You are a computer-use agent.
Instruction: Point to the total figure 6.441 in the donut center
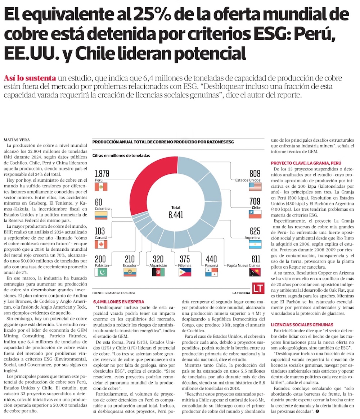click(176, 215)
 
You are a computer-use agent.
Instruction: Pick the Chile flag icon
click(255, 215)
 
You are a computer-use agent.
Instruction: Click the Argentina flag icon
click(255, 245)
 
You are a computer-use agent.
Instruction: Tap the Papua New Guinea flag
click(255, 272)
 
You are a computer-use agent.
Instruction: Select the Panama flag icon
click(212, 272)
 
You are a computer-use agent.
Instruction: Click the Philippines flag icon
click(185, 272)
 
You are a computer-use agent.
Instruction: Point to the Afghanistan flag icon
click(158, 272)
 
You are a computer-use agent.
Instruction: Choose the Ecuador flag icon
click(130, 272)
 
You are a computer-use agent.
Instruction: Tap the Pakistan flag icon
click(101, 272)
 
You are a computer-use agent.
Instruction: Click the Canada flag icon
click(101, 245)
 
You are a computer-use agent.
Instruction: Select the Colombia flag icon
click(101, 215)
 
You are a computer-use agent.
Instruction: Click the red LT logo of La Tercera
click(257, 288)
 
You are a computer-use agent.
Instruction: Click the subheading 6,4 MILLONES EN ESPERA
click(118, 302)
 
